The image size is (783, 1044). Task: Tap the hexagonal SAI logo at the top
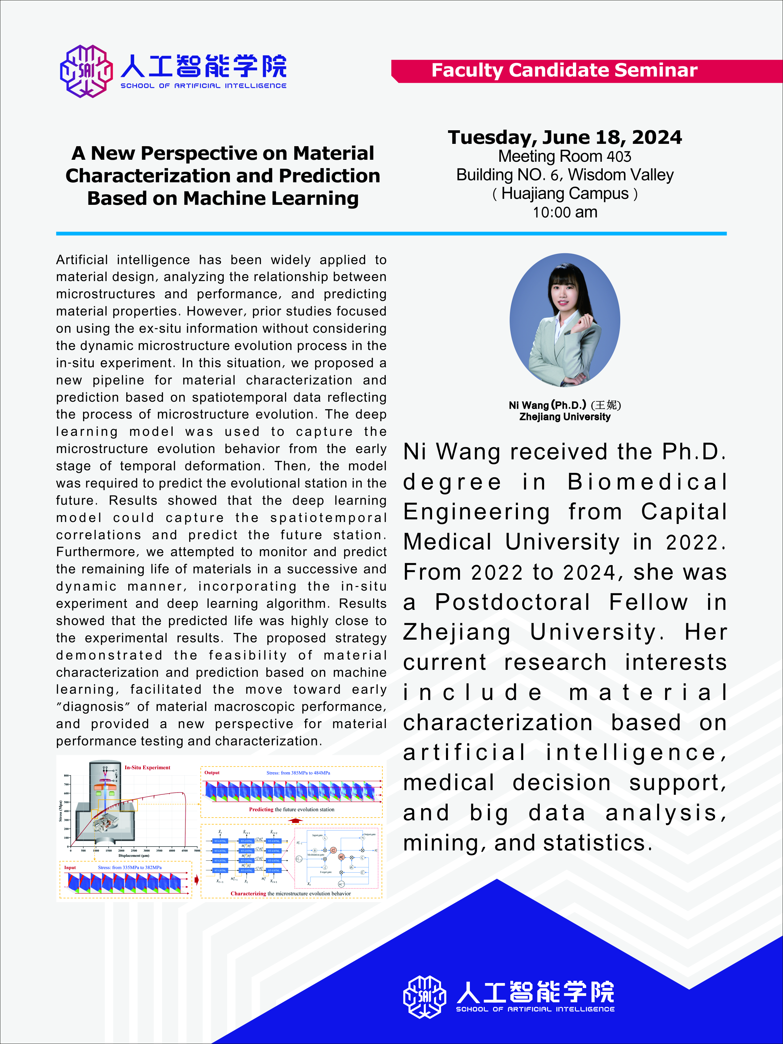[x=86, y=71]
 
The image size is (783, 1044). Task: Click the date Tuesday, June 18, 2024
[x=565, y=137]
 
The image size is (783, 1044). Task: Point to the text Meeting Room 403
[x=565, y=156]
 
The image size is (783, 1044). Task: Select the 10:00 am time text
[x=565, y=212]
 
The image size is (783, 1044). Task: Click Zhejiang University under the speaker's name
[x=565, y=417]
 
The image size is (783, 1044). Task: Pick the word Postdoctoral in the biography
[x=513, y=602]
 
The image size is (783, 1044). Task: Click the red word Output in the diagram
[x=212, y=772]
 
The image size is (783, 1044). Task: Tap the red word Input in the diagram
[x=70, y=867]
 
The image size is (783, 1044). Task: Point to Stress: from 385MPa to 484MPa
[x=298, y=773]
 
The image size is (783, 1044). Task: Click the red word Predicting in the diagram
[x=261, y=809]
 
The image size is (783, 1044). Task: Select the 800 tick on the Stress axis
[x=67, y=776]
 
